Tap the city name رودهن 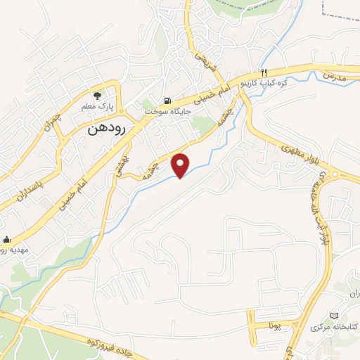click(108, 130)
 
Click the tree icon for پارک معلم click(98, 95)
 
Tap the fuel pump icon click(167, 101)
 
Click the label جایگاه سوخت click(163, 111)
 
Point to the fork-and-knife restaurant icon click(264, 72)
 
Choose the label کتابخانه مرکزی click(334, 326)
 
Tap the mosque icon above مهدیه click(7, 239)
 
